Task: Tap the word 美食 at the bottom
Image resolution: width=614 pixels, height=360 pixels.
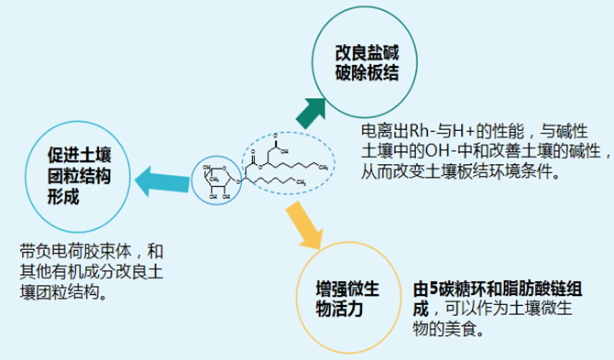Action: (x=467, y=328)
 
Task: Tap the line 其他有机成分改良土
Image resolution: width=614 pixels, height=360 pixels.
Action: (x=92, y=270)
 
